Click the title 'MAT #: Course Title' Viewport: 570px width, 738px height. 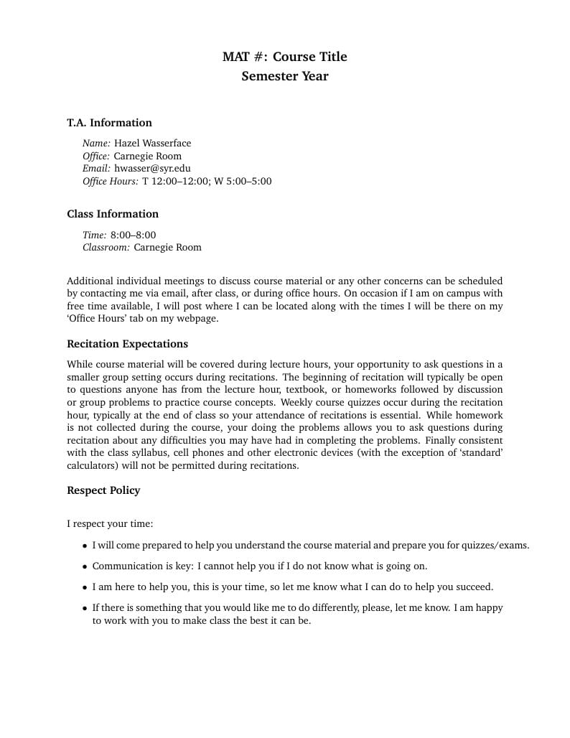284,57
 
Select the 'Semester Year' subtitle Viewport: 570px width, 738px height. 284,76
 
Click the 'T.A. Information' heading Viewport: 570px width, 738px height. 109,123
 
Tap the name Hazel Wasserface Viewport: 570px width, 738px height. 152,143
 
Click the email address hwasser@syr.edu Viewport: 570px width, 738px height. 152,169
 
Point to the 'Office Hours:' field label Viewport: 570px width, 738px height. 110,182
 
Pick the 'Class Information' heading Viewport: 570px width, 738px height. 113,214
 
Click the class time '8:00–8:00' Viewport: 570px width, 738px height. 133,235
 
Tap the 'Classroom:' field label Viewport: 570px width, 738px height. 106,248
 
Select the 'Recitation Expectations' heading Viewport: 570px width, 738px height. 127,344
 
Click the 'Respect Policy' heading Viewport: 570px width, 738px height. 103,490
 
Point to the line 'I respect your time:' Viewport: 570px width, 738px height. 110,524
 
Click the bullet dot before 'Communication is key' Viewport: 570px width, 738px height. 85,566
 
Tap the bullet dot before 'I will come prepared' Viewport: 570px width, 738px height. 85,546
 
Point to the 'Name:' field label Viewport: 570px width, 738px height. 96,143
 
